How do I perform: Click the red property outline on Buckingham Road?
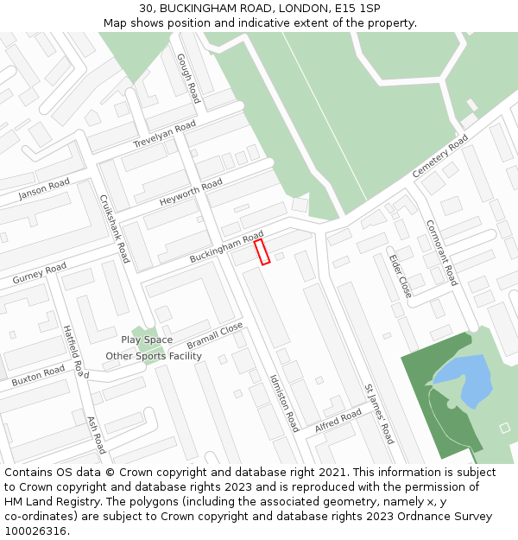click(262, 251)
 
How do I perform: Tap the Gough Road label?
click(188, 78)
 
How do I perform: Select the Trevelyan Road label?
click(164, 135)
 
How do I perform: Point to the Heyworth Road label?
click(191, 193)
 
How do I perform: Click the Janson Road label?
click(44, 189)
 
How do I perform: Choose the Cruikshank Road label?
click(115, 228)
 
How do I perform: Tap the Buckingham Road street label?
click(226, 248)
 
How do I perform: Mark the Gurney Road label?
click(39, 274)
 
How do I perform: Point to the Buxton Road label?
click(38, 376)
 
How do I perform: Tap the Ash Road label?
click(96, 435)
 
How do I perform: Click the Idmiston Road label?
click(284, 403)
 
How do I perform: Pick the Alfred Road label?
click(338, 422)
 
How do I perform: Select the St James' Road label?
click(379, 415)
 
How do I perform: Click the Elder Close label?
click(400, 275)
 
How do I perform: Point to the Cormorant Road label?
click(441, 252)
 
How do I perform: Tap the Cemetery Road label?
click(439, 156)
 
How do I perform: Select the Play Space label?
click(147, 340)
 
